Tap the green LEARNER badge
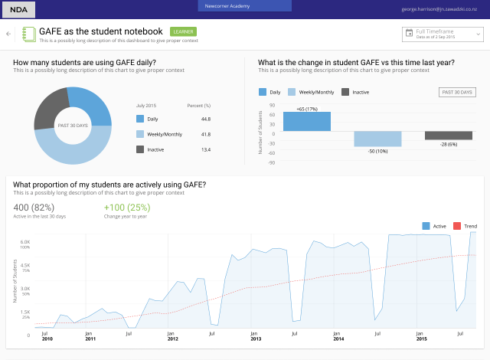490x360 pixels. pos(183,32)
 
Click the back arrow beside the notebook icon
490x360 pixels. pos(8,34)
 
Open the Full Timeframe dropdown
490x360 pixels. pos(443,34)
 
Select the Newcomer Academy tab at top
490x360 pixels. pos(245,6)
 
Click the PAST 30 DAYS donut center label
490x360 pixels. pos(73,124)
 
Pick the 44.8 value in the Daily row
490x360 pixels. pos(205,119)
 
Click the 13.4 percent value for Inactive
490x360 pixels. pos(205,149)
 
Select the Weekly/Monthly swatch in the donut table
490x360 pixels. pos(140,134)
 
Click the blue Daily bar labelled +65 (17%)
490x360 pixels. pos(307,121)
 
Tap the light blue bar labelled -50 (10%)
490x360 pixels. pos(377,139)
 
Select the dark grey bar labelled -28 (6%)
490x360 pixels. pos(448,136)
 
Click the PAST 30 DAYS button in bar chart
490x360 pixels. pos(456,92)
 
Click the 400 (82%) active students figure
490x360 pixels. pos(33,208)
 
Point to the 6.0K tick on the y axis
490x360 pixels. pos(24,241)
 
